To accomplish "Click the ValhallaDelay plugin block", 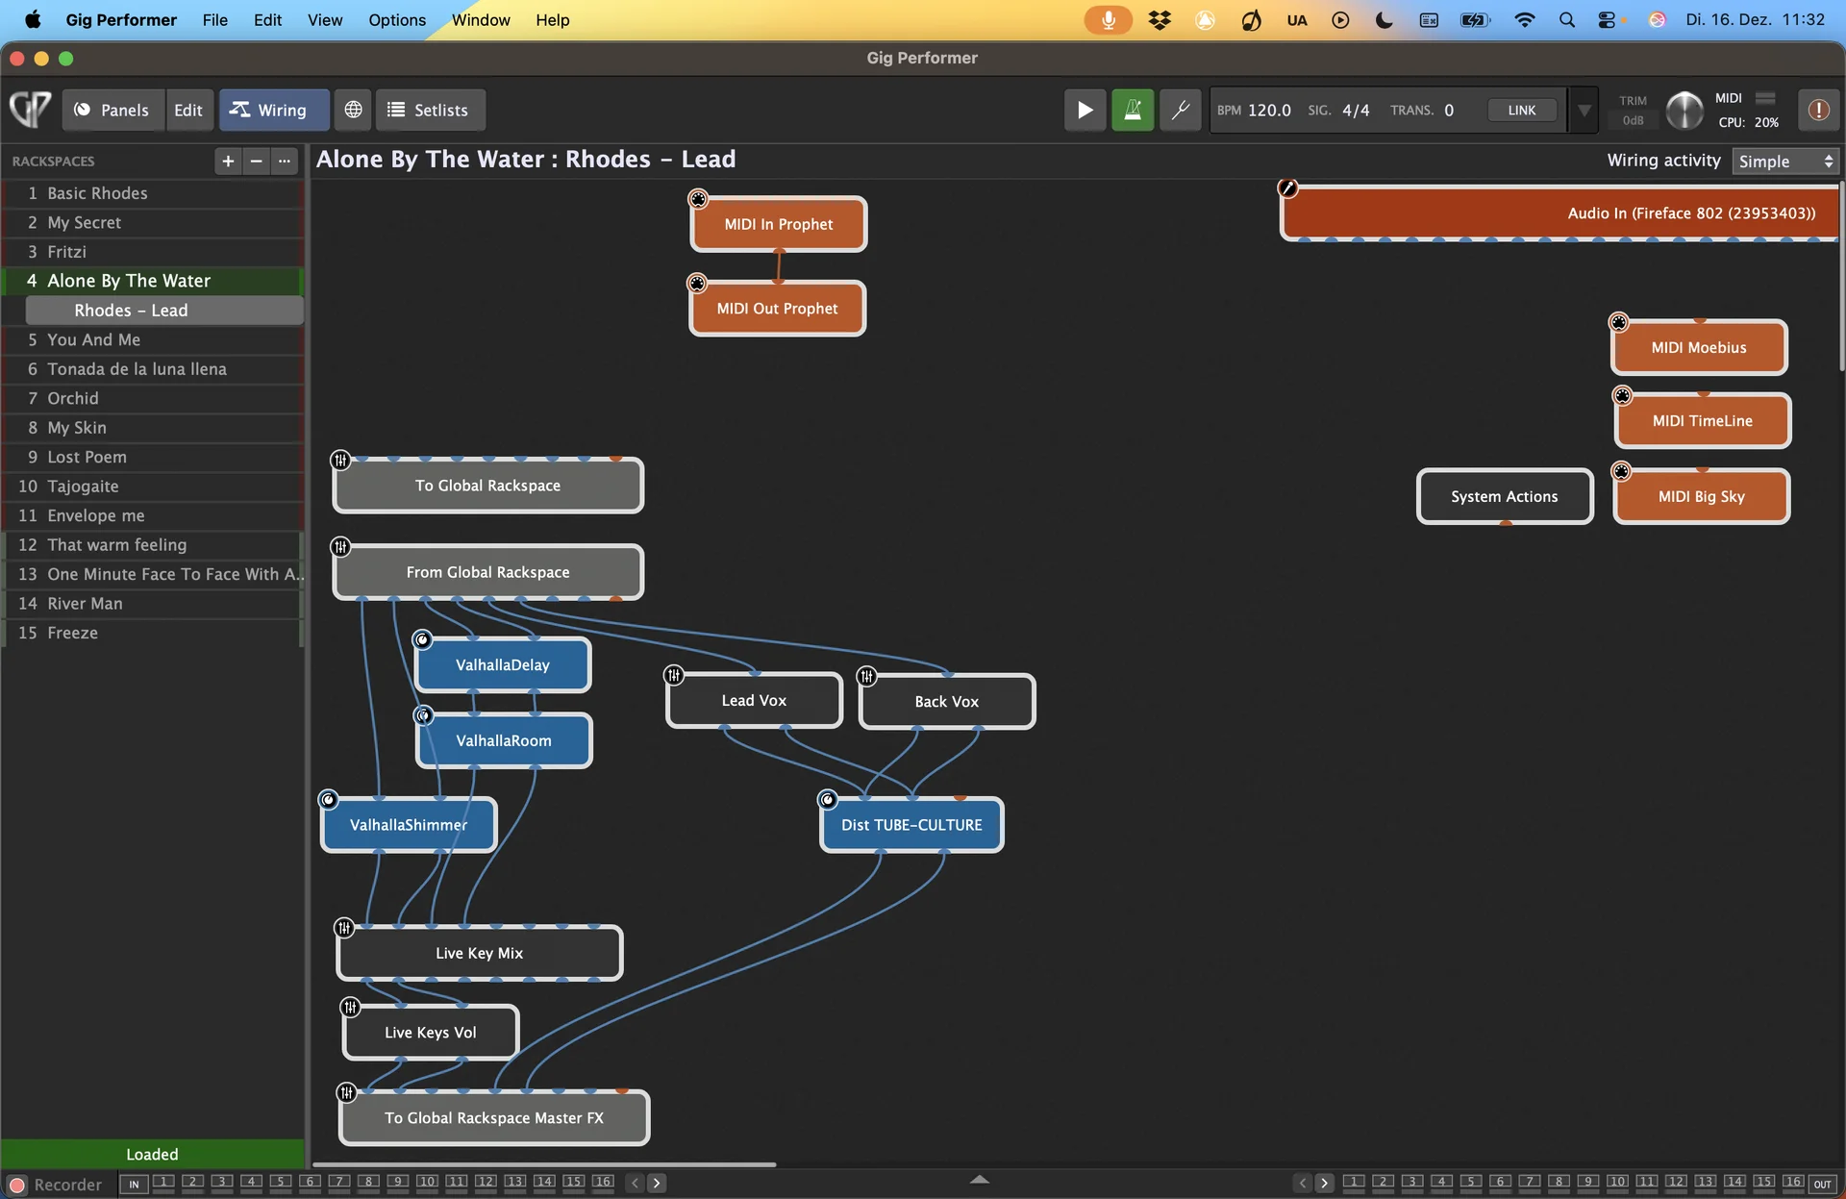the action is coord(503,664).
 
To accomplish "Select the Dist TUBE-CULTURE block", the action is coord(911,825).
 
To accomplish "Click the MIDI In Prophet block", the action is coord(779,224).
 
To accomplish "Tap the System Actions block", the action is coord(1505,496).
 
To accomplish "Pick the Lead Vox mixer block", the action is coord(754,700).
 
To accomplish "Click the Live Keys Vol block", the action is coord(431,1032).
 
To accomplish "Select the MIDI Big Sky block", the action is coord(1702,496).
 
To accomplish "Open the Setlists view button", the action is coord(430,110).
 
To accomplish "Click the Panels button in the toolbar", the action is coord(112,110).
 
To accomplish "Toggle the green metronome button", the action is coord(1133,110).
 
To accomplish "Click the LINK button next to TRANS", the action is coord(1522,110).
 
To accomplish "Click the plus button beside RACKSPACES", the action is coord(228,161).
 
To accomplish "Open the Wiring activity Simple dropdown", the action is coord(1785,161).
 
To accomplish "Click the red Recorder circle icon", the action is coord(17,1185).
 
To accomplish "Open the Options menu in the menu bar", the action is coord(397,19).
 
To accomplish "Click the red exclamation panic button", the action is coord(1818,110).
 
